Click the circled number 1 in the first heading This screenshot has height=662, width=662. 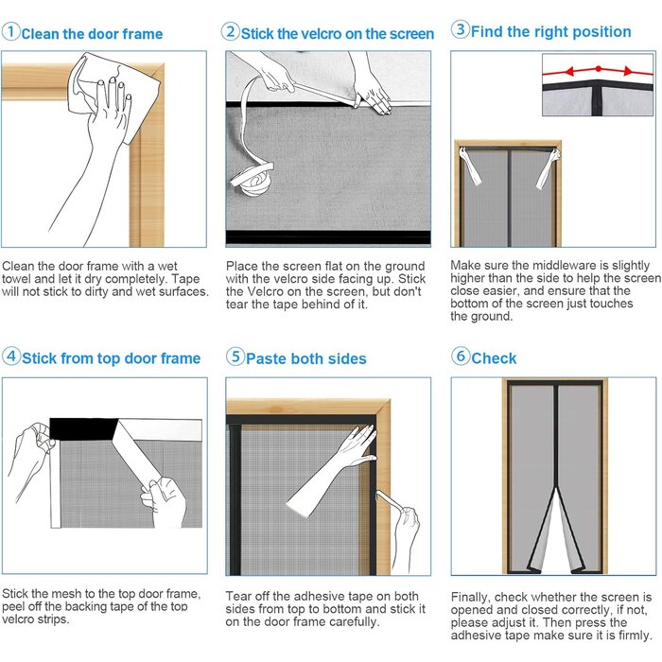point(10,33)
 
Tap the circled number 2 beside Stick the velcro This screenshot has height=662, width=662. point(231,32)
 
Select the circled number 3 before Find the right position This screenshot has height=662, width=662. point(461,30)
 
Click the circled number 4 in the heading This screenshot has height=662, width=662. point(11,357)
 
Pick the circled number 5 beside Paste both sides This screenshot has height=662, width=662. point(235,357)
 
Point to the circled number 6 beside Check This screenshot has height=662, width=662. point(461,357)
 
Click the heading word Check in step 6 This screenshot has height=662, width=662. point(494,358)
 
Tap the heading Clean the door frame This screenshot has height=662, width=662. point(92,34)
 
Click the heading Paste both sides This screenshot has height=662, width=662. point(305,358)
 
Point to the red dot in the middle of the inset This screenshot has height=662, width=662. point(598,69)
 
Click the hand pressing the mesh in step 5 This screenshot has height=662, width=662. point(356,444)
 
